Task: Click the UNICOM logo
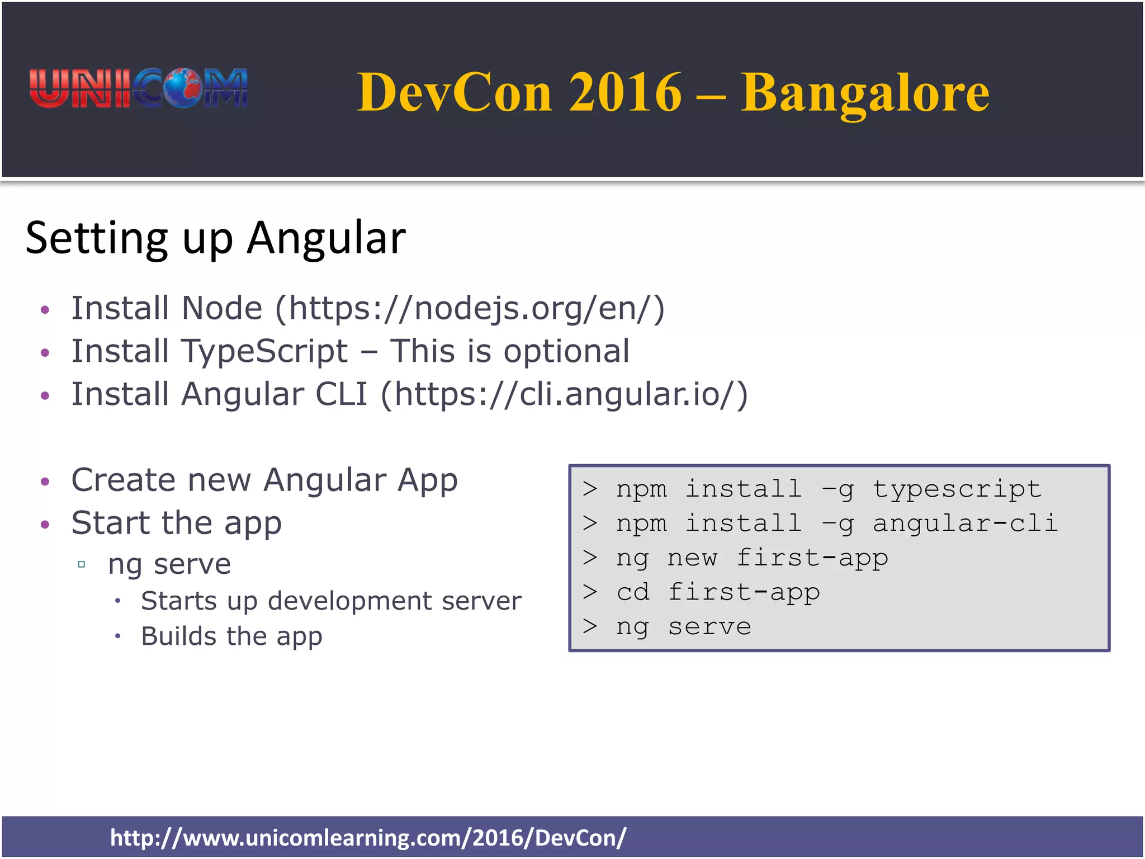[x=139, y=88]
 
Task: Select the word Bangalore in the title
[x=865, y=93]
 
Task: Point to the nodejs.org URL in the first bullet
[x=470, y=309]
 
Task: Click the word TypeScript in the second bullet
[x=264, y=351]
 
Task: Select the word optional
[x=566, y=351]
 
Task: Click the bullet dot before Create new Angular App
[x=45, y=482]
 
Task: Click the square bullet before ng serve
[x=82, y=564]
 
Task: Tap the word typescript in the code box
[x=957, y=489]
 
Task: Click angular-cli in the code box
[x=964, y=523]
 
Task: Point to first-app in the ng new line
[x=812, y=558]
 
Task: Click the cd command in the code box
[x=633, y=592]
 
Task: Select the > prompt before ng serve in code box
[x=590, y=626]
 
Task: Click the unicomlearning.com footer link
[x=368, y=838]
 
